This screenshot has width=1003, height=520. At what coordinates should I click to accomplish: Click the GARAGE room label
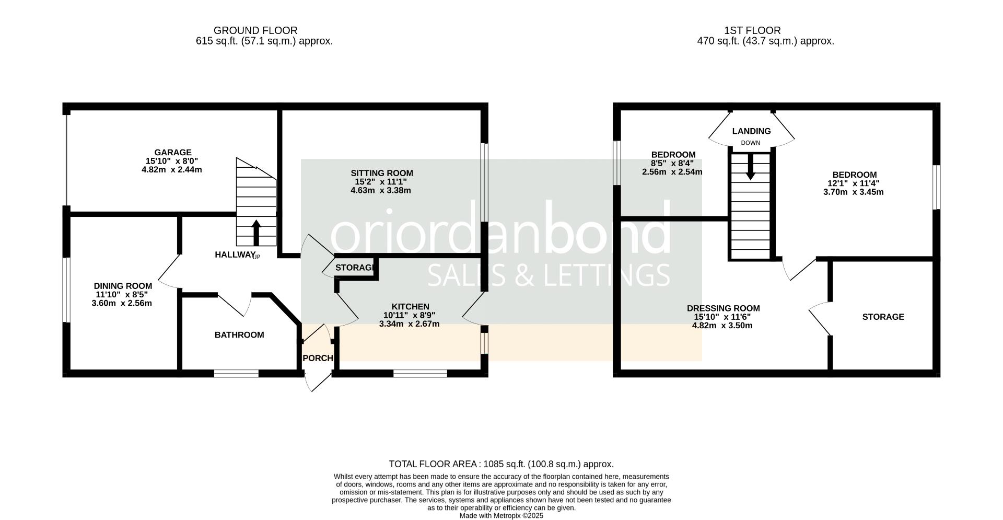coord(172,153)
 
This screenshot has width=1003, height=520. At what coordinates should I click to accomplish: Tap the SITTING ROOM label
coord(382,173)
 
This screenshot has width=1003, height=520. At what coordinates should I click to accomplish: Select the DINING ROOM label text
coord(123,286)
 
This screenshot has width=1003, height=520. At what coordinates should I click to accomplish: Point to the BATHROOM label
coord(239,335)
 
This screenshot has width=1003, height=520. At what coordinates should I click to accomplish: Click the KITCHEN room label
coord(411,307)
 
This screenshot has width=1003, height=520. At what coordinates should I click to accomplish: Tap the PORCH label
coord(318,359)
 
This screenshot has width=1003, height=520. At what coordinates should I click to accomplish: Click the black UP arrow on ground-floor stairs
coord(256,233)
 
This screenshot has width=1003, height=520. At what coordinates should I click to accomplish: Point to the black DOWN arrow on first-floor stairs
coord(750,167)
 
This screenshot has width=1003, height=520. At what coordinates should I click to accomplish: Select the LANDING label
coord(751,131)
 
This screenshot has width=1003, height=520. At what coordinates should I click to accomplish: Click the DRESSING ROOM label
coord(723,308)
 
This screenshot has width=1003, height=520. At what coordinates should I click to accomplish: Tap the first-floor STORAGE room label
coord(883,317)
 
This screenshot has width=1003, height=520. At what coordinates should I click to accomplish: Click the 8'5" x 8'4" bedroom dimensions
coord(672,163)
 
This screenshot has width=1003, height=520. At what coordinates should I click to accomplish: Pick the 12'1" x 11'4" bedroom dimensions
coord(854,183)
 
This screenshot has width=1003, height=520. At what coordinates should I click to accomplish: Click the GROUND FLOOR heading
coord(255,31)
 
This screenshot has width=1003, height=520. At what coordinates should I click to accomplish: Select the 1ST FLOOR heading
coord(752,31)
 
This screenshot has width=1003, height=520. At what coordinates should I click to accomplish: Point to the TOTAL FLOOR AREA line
coord(501,464)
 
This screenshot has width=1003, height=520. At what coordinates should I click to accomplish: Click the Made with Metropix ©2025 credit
coord(501,516)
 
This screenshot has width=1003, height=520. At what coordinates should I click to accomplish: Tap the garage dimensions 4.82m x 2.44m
coord(172,169)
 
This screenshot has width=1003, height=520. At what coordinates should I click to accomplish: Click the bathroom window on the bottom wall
coord(236,373)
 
